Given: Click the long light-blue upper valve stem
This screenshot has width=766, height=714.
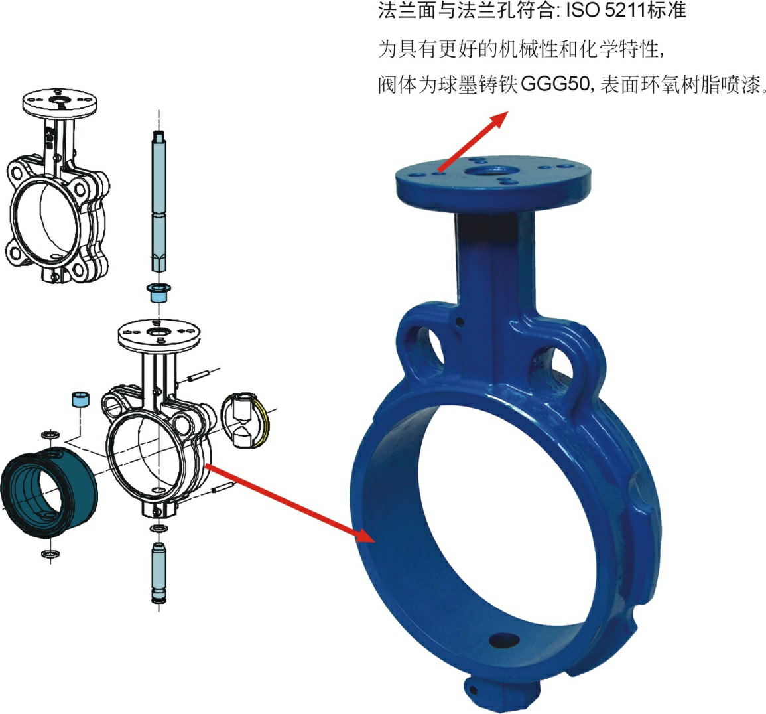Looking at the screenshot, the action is click(159, 200).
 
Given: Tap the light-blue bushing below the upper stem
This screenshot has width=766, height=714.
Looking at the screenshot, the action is click(159, 292).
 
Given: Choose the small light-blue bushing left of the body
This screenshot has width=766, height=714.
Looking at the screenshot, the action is click(81, 399).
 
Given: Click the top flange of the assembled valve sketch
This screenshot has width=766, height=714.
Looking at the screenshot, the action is click(60, 102).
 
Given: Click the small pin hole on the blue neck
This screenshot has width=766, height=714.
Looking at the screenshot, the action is click(459, 322).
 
